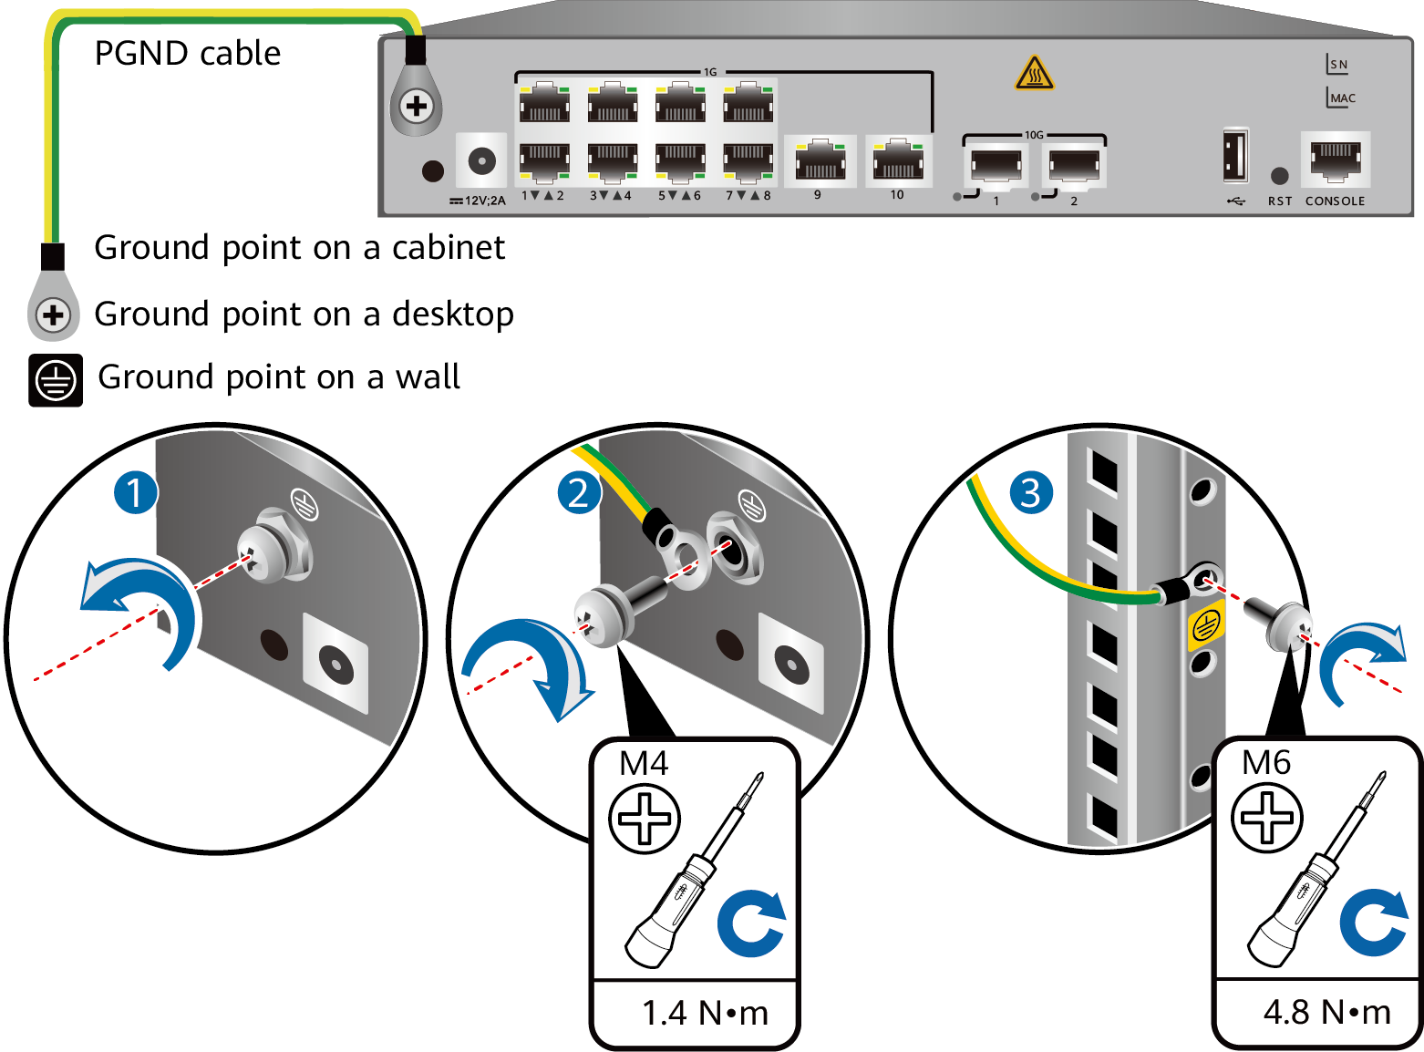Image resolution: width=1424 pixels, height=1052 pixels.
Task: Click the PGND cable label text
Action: (x=187, y=53)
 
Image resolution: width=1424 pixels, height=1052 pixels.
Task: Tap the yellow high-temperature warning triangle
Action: (x=1035, y=74)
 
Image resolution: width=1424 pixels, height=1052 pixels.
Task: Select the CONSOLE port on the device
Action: (x=1336, y=159)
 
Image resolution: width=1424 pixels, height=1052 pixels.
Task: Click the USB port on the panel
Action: (x=1235, y=155)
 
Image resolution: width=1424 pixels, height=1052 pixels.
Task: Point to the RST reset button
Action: (x=1280, y=175)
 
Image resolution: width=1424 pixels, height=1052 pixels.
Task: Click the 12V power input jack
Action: (x=481, y=161)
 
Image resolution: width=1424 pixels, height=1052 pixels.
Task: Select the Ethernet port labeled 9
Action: (x=820, y=161)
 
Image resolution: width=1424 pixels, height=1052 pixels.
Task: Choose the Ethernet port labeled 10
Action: (x=898, y=161)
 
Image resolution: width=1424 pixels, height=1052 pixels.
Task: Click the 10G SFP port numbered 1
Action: (x=996, y=166)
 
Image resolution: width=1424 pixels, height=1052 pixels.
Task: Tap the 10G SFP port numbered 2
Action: (x=1074, y=166)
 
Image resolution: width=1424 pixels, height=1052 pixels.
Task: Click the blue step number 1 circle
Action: (x=135, y=492)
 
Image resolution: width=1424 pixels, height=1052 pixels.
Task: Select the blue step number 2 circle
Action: (x=579, y=492)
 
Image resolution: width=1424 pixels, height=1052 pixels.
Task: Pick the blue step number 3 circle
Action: (x=1030, y=492)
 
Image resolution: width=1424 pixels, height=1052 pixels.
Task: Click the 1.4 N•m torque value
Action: (x=705, y=1013)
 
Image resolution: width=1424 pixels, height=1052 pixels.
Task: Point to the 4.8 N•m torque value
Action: (x=1326, y=1012)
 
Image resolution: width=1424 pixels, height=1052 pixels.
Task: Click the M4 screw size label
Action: (x=644, y=763)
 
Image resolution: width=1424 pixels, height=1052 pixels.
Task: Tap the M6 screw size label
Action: (x=1266, y=762)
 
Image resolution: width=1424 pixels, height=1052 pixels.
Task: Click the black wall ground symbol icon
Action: (x=56, y=380)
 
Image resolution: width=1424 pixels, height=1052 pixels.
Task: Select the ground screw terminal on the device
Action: (x=417, y=107)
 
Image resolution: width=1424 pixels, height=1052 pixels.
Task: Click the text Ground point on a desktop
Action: (x=304, y=314)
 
